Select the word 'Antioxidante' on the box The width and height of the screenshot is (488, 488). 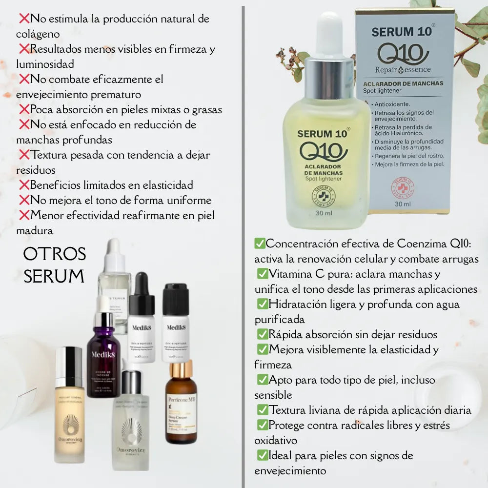coord(392,104)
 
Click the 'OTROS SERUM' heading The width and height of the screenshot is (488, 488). coord(55,265)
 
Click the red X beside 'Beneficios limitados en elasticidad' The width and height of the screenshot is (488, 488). coord(24,185)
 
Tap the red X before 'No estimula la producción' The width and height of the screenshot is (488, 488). coord(24,19)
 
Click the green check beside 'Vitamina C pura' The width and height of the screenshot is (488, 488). coord(263,274)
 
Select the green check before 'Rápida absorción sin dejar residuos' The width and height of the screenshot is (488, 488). coord(263,334)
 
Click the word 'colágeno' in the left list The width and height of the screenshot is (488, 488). coord(38,34)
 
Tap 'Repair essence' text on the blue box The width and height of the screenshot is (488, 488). coord(403,69)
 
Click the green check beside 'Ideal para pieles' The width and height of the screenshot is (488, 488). coord(263,455)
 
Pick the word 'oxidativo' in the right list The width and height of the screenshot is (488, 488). coord(276,440)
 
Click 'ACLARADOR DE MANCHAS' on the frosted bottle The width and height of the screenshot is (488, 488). coord(323,170)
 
